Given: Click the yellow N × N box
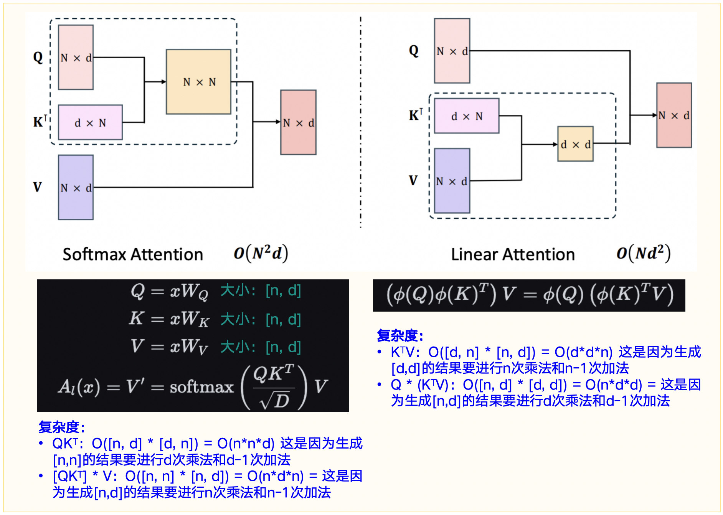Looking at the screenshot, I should [x=198, y=82].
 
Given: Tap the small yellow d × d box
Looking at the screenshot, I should [x=575, y=144].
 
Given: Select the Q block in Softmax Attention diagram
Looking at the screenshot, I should [x=76, y=58].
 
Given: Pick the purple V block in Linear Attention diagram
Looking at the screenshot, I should [x=452, y=181].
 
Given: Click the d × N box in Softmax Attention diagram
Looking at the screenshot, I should [x=90, y=122].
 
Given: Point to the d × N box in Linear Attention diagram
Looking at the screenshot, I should [x=467, y=116].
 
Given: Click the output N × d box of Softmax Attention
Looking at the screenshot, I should [x=298, y=122].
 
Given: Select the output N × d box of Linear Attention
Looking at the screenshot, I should [x=674, y=115].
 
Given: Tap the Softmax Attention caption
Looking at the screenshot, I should [x=133, y=254].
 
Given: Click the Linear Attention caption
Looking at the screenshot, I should [x=513, y=254].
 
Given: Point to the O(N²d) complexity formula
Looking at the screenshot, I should [x=261, y=253].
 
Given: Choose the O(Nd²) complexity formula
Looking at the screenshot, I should [x=644, y=253].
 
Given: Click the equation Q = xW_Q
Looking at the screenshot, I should [x=169, y=291].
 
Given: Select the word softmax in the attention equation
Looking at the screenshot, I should [x=202, y=387].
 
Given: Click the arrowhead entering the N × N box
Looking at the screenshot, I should [x=164, y=82].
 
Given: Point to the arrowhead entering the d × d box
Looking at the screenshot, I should [x=555, y=144].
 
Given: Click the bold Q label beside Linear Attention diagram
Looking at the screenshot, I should [x=414, y=51].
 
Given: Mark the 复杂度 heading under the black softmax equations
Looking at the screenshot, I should [x=61, y=427].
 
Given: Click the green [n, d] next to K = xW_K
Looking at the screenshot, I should [x=283, y=319].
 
